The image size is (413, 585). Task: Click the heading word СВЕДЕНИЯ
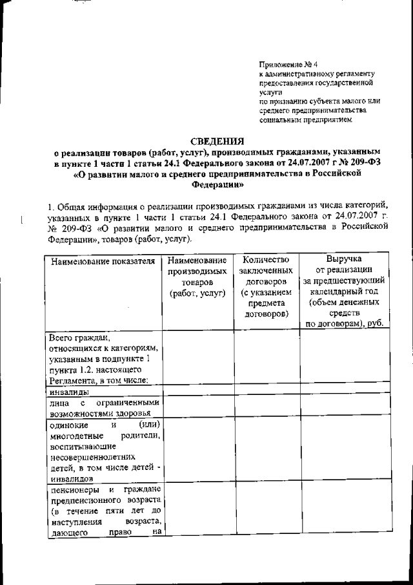click(217, 141)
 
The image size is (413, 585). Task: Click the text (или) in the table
click(149, 424)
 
